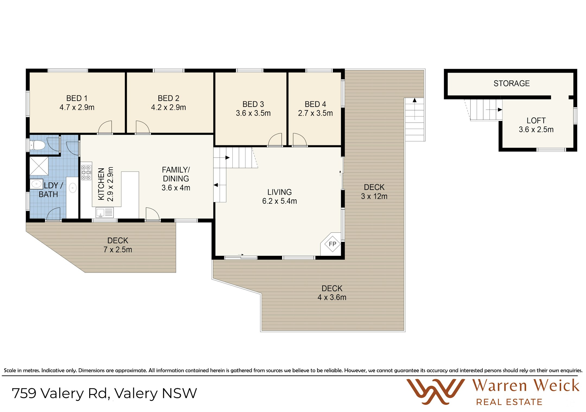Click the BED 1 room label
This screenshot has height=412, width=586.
tap(77, 98)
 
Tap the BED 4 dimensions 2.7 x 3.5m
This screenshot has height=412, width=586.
tap(315, 113)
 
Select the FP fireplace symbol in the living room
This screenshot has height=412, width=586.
tap(332, 244)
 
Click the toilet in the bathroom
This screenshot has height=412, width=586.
tap(37, 145)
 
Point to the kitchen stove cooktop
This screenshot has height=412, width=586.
tap(86, 173)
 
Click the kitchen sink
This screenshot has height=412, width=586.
tap(104, 212)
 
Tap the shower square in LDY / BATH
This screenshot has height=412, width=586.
tap(39, 166)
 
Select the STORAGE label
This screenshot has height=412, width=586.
tap(511, 83)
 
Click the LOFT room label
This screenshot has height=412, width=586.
tap(536, 120)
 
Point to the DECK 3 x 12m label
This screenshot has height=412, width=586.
tap(374, 192)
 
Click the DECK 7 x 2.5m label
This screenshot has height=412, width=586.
tap(118, 245)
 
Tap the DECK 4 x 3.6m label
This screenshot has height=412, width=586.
tap(332, 293)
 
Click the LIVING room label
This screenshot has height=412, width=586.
tap(279, 192)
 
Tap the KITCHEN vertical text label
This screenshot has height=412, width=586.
tap(101, 184)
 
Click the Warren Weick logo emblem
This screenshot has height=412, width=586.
tap(435, 391)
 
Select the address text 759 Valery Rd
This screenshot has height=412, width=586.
tap(61, 393)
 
